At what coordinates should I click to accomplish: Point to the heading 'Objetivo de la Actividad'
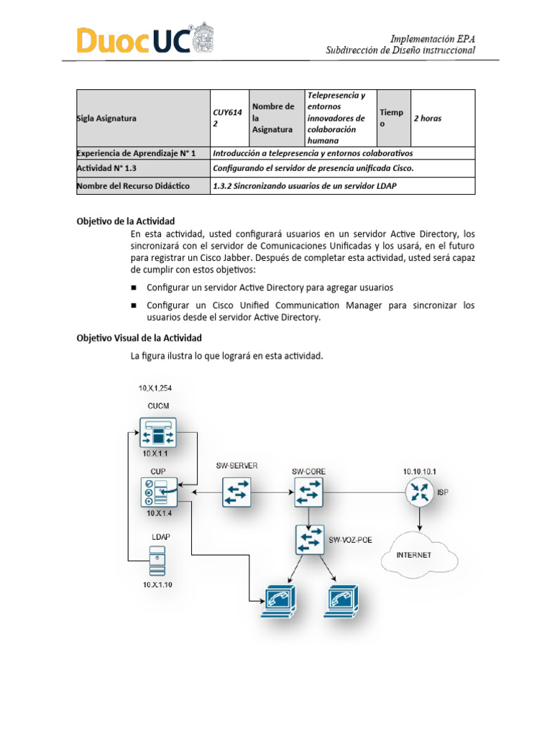(x=126, y=221)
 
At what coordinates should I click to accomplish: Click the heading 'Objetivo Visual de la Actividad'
(x=139, y=338)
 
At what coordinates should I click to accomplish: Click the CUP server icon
(x=158, y=493)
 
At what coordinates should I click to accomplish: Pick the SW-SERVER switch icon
(x=236, y=493)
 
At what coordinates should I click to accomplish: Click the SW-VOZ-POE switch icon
(x=310, y=540)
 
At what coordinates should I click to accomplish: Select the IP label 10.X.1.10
(x=157, y=585)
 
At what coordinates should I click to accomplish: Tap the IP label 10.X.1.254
(x=155, y=388)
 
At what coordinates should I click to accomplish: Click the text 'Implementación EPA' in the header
(x=432, y=38)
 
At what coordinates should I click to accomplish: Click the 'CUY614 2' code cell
(x=228, y=119)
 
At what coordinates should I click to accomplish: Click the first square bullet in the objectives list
(x=134, y=287)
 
